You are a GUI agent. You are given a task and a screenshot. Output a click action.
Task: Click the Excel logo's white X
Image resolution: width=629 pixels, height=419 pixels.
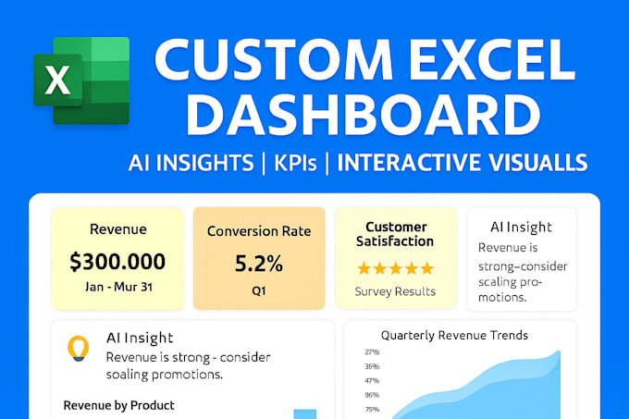(x=57, y=80)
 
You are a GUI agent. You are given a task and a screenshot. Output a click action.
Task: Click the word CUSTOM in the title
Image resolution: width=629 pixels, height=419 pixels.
(x=274, y=60)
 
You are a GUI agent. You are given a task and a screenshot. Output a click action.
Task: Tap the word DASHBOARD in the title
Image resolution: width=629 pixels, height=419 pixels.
(x=363, y=114)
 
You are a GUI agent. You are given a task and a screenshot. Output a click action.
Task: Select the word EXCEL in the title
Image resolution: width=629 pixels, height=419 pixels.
(x=492, y=60)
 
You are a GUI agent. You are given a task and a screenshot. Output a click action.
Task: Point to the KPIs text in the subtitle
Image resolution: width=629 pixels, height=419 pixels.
(x=295, y=163)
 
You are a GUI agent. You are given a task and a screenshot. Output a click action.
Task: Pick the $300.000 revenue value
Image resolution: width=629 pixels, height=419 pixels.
(x=117, y=262)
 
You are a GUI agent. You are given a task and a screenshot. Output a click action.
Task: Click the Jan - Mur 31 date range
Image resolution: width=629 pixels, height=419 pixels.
(x=118, y=287)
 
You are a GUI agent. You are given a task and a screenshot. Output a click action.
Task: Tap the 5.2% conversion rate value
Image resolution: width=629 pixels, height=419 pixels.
(x=259, y=264)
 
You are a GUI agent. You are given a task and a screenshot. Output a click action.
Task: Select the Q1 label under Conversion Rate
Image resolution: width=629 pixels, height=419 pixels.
(x=259, y=290)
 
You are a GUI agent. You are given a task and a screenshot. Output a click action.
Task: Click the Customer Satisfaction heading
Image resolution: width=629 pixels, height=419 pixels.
(x=395, y=234)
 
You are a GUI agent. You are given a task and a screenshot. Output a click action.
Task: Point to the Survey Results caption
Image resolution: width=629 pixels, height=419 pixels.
(x=395, y=291)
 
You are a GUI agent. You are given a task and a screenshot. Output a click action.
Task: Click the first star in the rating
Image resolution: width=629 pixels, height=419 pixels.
(x=364, y=268)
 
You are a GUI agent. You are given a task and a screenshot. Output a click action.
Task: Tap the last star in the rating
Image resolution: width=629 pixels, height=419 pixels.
(x=426, y=268)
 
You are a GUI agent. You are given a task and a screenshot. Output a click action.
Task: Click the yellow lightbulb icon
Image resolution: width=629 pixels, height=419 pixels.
(x=78, y=348)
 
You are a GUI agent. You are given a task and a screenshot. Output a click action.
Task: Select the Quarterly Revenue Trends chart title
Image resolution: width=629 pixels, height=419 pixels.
(x=454, y=335)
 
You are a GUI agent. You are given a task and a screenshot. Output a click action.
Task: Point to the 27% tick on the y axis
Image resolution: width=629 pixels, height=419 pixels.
(x=372, y=352)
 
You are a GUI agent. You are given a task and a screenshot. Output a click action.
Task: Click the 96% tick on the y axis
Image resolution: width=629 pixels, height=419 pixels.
(x=372, y=395)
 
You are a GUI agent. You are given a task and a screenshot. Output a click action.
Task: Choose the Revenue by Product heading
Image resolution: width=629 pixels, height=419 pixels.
(x=118, y=405)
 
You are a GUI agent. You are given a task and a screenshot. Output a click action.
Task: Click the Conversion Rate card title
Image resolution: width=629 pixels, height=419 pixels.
(x=259, y=231)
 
